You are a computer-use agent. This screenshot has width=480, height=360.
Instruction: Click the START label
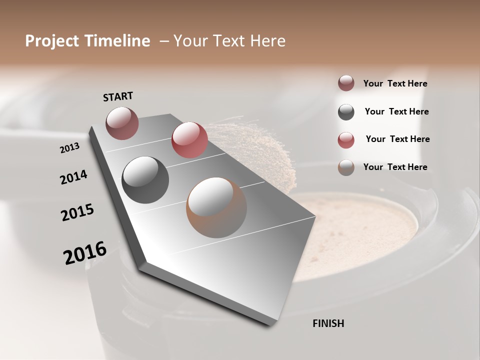coord(118,96)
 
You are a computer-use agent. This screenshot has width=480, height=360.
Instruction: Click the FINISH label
coord(328,323)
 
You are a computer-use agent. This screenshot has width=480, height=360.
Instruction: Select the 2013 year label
coord(69,148)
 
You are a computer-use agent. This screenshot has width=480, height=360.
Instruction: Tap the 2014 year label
coord(73,177)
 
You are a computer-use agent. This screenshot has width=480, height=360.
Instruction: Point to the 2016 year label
coord(85,253)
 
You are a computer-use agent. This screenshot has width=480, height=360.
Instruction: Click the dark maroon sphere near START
coord(122,123)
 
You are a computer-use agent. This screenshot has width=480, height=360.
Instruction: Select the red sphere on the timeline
coord(189,139)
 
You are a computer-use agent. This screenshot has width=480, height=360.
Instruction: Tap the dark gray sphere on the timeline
coord(145,179)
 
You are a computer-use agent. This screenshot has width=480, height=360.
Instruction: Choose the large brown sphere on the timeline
coord(216,207)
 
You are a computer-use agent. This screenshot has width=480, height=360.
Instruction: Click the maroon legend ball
coord(346,83)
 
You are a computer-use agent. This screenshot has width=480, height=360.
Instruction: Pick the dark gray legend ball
coord(346,112)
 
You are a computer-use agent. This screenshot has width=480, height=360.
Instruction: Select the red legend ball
coord(346,140)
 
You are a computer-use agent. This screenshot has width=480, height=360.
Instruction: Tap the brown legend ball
coord(346,167)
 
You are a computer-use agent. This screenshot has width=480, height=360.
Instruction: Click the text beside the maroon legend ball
coord(395,84)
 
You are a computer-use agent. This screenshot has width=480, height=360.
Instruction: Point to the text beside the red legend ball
coord(397,139)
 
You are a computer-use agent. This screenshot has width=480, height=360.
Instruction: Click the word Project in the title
coord(52,41)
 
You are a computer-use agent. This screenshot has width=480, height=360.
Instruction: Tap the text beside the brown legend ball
coord(395,167)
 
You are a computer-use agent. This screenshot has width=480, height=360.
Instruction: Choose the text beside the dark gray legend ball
coord(396,111)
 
